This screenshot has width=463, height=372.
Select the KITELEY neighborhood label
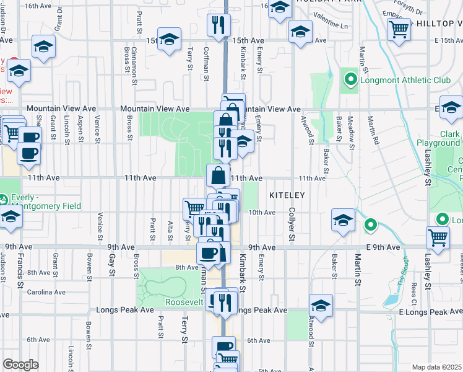[x=287, y=195]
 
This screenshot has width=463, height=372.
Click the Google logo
[x=20, y=365]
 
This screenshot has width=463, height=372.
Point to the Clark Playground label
[x=441, y=138]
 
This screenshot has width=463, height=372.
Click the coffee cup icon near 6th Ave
[x=223, y=347]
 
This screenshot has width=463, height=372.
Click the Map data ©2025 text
[x=436, y=367]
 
